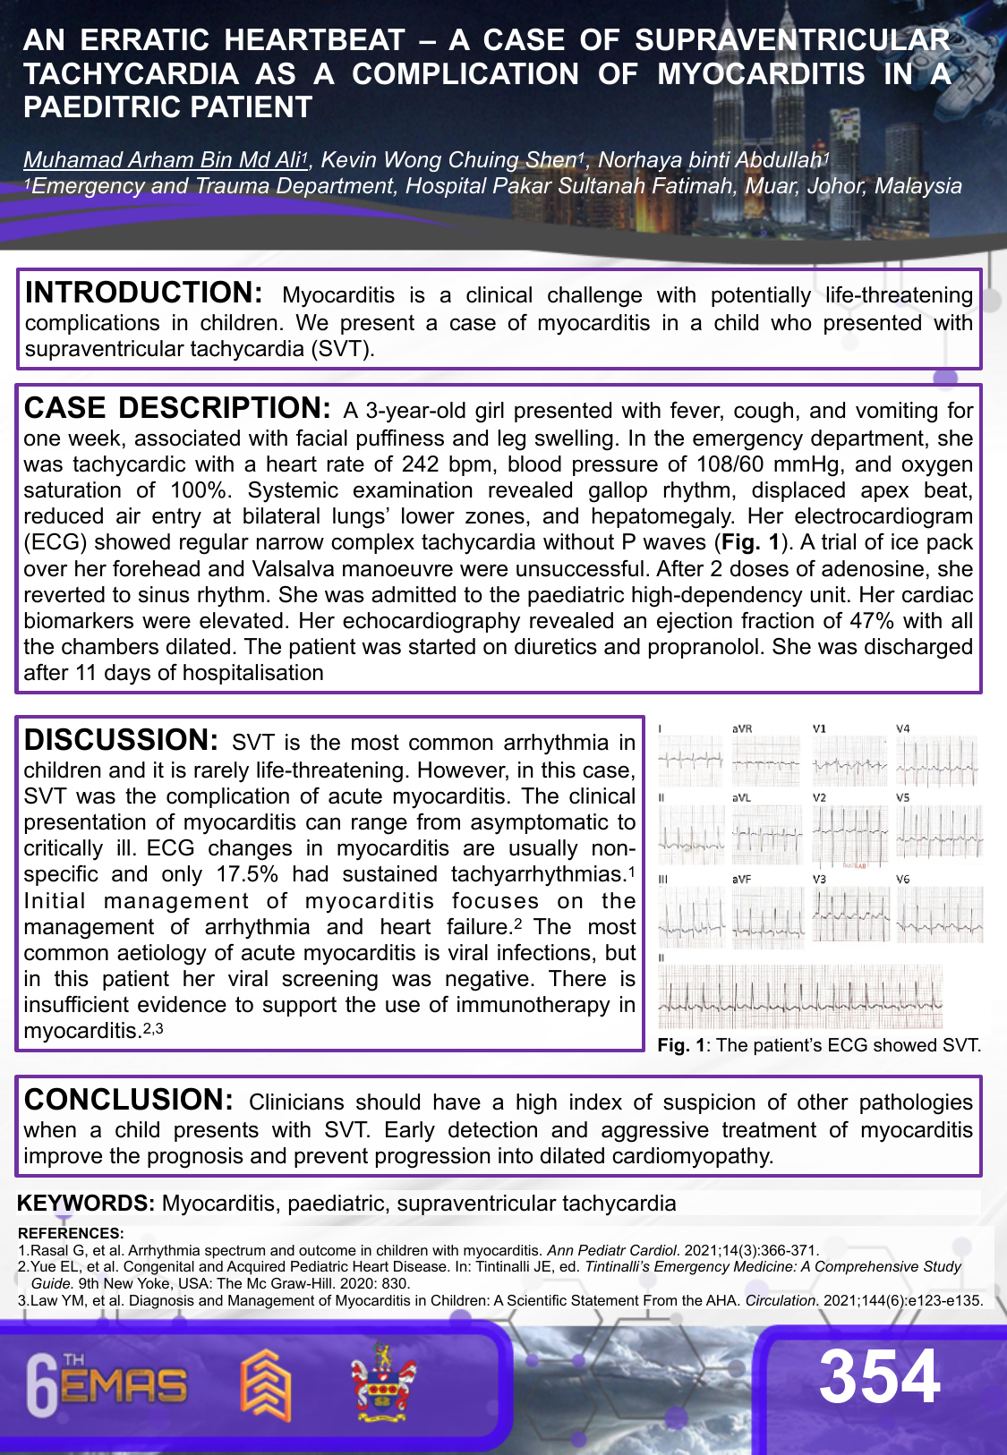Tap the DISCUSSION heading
(x=121, y=741)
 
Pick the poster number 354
(x=879, y=1376)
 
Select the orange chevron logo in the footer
(x=265, y=1384)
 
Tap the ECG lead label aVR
(x=742, y=729)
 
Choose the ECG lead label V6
(x=903, y=880)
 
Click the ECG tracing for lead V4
(x=938, y=762)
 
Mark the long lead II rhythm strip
(x=800, y=996)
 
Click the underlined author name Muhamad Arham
(x=162, y=160)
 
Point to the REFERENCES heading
(x=71, y=1233)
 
